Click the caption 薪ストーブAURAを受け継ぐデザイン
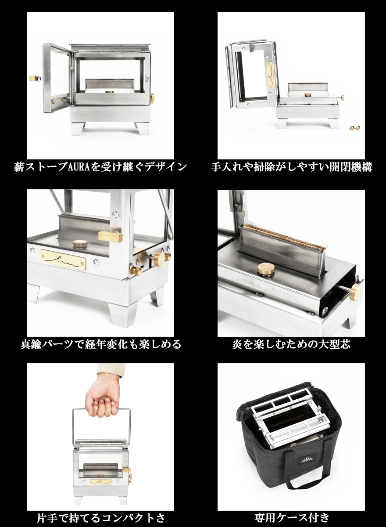point(100,167)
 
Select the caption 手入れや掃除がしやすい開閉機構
point(291,167)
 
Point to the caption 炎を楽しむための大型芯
point(291,344)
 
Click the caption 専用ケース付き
point(291,518)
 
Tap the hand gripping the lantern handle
point(102,395)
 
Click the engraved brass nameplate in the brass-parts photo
point(63,260)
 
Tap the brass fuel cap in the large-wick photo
point(266,268)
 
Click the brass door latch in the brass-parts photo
point(110,236)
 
